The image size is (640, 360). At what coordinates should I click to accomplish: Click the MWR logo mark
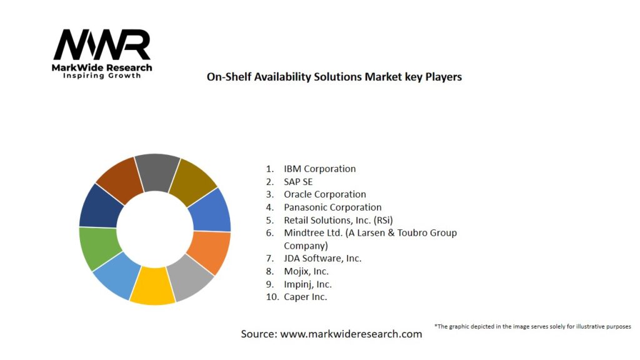coord(102,45)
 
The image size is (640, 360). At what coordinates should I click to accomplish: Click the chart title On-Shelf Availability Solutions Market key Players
coord(334,77)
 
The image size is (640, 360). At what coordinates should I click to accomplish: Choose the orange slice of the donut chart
coord(213,251)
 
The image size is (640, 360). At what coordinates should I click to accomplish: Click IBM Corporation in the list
coord(319,169)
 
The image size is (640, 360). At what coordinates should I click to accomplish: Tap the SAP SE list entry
coord(298,182)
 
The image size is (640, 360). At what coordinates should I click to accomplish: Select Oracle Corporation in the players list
coord(324,194)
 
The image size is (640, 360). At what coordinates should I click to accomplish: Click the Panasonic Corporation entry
coord(332,207)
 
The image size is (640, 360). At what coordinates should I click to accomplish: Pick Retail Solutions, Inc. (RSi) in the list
coord(338,220)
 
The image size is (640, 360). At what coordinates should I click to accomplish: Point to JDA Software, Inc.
coord(322,258)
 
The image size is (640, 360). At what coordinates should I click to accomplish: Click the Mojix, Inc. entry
coord(306,271)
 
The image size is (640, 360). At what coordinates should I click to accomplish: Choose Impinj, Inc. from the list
coord(307,284)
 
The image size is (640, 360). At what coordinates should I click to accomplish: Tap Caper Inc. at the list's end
coord(305,297)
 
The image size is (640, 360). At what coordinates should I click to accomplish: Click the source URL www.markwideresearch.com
coord(351,334)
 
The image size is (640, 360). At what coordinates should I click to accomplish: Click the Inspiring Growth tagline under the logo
coord(102,76)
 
